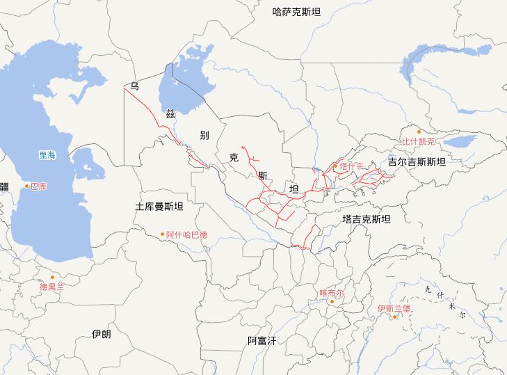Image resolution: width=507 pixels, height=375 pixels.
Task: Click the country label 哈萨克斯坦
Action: click(297, 11)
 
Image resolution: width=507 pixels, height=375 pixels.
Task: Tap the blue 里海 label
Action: click(47, 155)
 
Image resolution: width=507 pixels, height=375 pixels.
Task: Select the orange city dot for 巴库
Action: click(27, 186)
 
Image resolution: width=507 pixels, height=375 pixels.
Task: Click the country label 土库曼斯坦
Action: click(159, 207)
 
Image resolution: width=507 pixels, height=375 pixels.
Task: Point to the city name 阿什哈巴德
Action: click(187, 234)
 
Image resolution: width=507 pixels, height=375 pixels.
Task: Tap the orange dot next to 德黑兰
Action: click(52, 277)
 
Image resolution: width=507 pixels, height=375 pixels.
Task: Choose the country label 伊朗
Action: click(101, 334)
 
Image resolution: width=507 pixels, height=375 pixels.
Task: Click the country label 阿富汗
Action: click(262, 340)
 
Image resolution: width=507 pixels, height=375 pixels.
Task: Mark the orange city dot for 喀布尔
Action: click(332, 302)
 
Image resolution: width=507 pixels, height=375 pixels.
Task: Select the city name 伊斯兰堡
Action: click(394, 308)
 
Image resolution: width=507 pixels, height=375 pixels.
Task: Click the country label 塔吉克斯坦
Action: click(367, 219)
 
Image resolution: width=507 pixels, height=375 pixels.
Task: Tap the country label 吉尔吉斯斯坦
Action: click(417, 161)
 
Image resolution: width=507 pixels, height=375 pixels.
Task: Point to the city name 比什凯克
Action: click(418, 141)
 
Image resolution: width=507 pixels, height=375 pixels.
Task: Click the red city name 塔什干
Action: click(352, 166)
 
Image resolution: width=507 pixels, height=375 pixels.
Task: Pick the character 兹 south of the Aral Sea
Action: click(170, 113)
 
